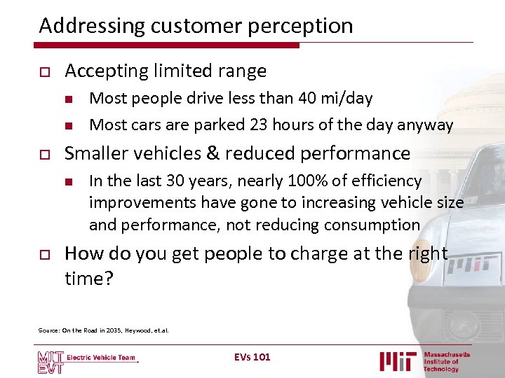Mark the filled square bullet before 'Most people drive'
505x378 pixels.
(69, 99)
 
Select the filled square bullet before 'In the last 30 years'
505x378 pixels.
(69, 181)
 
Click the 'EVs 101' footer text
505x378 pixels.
(252, 357)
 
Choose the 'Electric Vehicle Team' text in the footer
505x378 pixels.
(102, 358)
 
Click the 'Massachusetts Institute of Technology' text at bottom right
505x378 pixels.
(447, 361)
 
